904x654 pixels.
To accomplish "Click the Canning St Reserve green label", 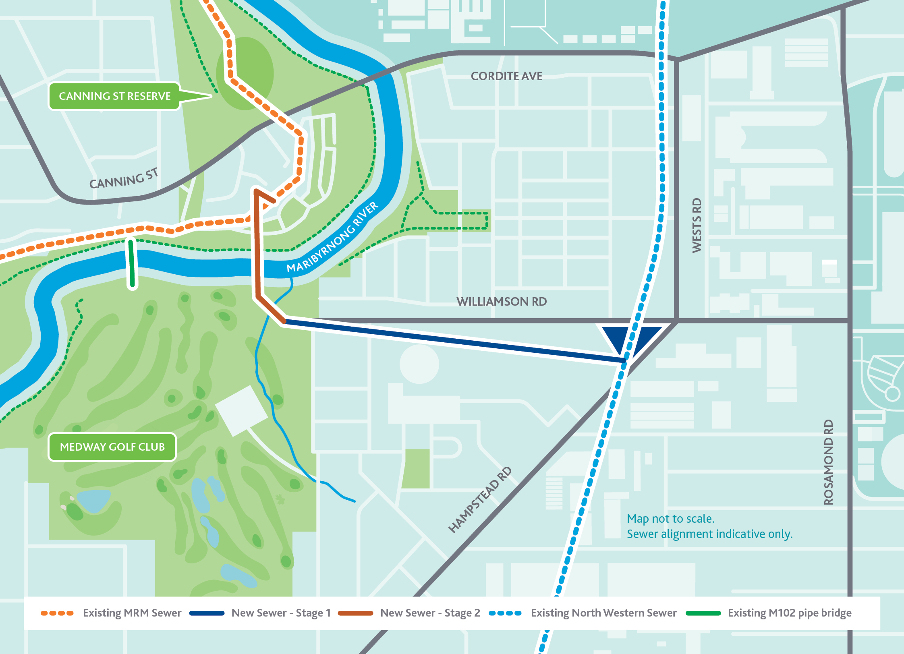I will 114,96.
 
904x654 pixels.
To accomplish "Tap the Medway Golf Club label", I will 112,447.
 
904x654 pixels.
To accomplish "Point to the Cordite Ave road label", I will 506,76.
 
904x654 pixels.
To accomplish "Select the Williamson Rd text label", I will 501,302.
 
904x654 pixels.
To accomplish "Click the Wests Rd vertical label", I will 697,226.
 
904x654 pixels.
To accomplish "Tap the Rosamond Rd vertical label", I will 828,462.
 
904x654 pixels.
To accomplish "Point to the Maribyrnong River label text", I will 332,238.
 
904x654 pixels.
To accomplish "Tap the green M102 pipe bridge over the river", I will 132,264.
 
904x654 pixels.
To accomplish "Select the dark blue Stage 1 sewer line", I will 451,339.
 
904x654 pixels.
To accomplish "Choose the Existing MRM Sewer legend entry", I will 111,613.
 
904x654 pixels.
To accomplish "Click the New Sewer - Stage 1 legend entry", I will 260,613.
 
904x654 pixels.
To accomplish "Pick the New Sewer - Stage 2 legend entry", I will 409,613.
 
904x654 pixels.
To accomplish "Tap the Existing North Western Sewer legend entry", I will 583,613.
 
